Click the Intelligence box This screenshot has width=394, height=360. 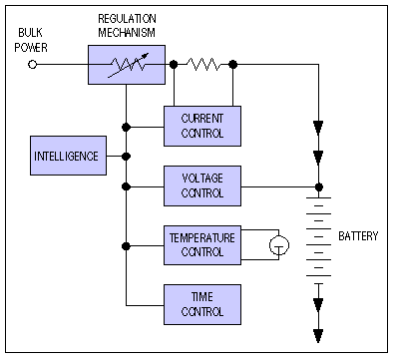point(66,156)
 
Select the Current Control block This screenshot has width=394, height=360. point(201,125)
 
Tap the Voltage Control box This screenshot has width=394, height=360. point(201,184)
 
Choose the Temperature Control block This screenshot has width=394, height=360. point(201,244)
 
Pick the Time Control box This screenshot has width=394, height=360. point(201,303)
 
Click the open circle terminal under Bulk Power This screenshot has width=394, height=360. point(33,65)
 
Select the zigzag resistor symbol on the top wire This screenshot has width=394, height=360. point(203,65)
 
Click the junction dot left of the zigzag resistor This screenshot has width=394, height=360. point(174,65)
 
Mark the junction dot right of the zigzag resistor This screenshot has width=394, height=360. point(233,65)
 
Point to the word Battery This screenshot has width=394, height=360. point(358,236)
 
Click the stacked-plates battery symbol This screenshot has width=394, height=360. point(318,239)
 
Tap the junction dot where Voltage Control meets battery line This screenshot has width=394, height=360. point(318,185)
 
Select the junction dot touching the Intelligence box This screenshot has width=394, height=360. point(126,156)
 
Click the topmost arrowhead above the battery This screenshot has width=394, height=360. point(318,127)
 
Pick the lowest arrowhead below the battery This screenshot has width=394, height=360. point(318,335)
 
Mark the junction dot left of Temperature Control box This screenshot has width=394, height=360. point(126,245)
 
